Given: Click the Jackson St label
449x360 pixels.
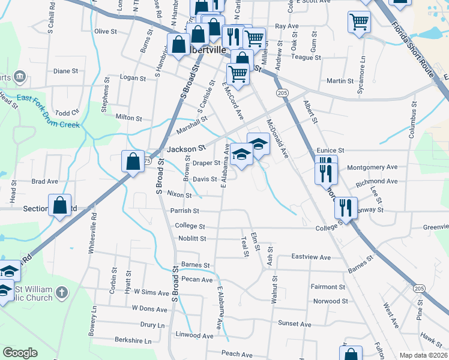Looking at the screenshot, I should [x=185, y=147].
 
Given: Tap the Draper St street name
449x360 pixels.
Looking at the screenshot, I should [x=206, y=163].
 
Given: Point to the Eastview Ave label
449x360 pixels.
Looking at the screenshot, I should [x=311, y=257].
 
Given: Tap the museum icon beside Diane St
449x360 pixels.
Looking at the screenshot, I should [x=19, y=76].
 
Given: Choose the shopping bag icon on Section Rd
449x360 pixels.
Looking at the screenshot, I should [x=60, y=205].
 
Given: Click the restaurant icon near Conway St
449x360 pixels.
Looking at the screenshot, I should [x=346, y=208].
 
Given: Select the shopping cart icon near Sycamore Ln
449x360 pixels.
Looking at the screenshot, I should [x=359, y=22].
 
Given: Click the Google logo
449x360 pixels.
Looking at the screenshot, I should [x=20, y=353].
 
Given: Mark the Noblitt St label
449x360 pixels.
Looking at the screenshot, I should [x=192, y=238].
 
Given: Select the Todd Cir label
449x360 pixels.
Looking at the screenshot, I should [x=67, y=112].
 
